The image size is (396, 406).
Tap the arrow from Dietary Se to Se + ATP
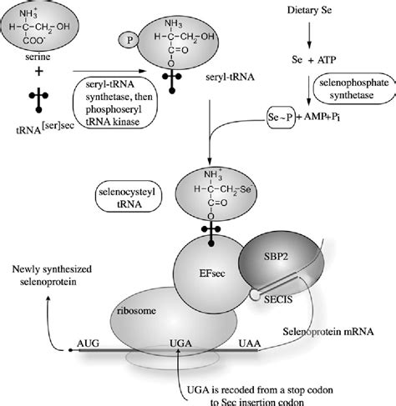pos(310,38)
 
